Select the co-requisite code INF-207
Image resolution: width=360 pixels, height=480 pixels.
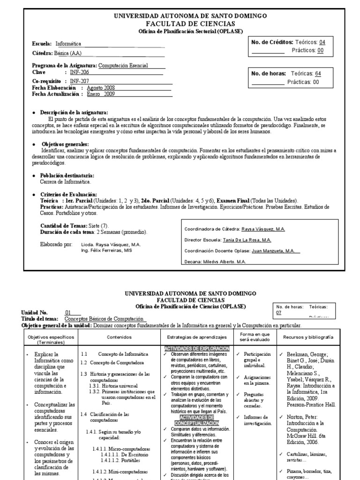click(79, 81)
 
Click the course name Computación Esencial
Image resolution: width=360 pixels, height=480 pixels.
click(123, 66)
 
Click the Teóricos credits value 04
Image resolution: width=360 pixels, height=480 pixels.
click(322, 42)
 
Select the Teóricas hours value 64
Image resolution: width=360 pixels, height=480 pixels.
click(318, 74)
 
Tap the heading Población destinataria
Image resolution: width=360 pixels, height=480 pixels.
click(70, 175)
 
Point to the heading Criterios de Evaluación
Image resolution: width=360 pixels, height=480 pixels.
click(68, 194)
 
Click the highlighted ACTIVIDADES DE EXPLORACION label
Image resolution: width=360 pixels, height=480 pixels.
click(197, 349)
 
